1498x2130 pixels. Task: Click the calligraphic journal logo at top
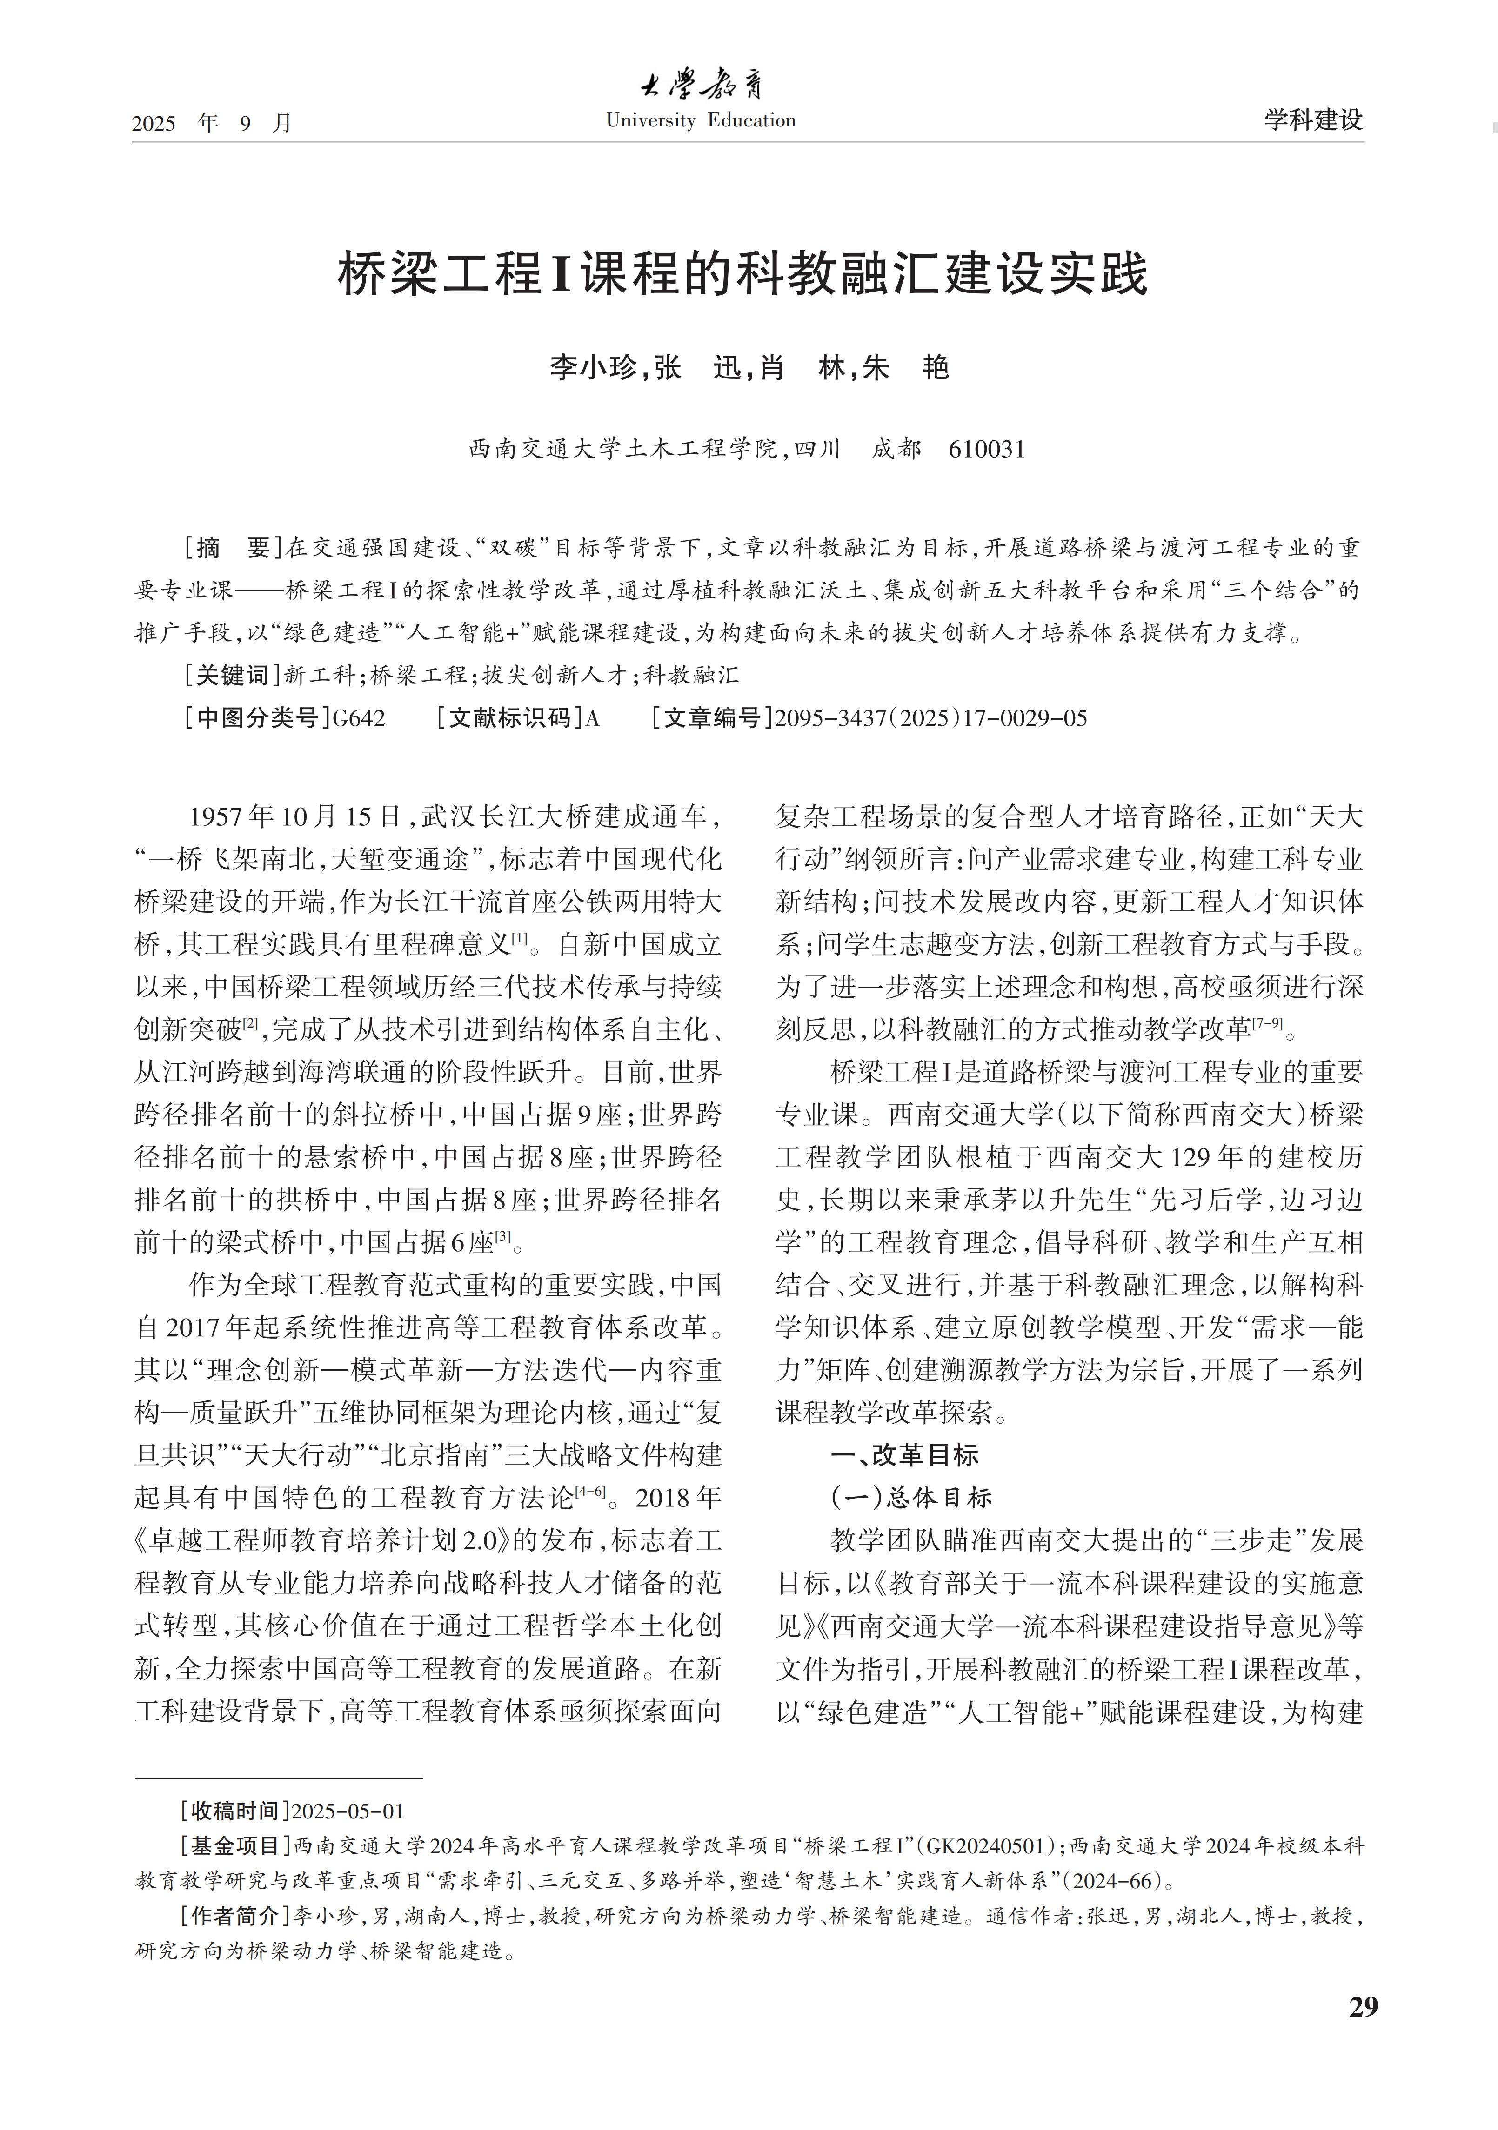(701, 86)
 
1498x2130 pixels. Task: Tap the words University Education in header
(701, 120)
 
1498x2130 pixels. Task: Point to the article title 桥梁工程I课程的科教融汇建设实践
(742, 275)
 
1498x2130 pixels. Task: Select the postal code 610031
(987, 450)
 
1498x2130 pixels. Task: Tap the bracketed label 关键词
(232, 676)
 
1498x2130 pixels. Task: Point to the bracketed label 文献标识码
(510, 718)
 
